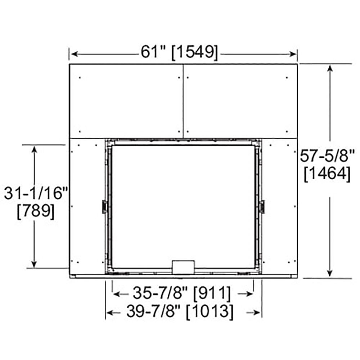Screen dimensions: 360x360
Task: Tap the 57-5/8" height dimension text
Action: tap(328, 157)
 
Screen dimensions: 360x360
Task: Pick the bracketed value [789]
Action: tap(36, 211)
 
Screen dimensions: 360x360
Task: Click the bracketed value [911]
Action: tap(212, 294)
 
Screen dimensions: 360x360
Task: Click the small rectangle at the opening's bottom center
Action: tap(184, 267)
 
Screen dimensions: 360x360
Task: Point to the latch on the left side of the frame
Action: tap(104, 207)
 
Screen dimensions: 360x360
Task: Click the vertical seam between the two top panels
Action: tap(183, 101)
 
